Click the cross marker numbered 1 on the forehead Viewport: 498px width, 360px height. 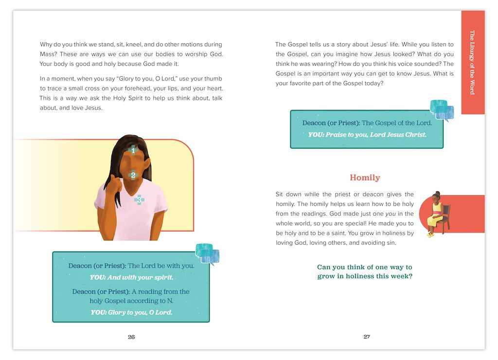[x=133, y=150]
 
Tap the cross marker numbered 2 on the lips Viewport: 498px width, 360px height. [x=133, y=174]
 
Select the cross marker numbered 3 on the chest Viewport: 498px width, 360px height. [x=139, y=199]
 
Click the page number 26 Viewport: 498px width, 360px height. [x=131, y=337]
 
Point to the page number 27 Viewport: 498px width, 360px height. [x=367, y=337]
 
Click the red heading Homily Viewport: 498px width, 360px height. [x=365, y=178]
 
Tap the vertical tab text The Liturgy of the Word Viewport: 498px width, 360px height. [x=472, y=62]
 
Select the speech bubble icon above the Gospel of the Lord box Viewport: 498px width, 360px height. [x=442, y=110]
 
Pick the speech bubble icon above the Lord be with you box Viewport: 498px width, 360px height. [x=207, y=253]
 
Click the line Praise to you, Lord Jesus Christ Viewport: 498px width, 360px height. [x=367, y=135]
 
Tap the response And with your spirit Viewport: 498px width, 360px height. [x=131, y=278]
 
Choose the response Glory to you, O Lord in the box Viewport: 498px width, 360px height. [x=131, y=312]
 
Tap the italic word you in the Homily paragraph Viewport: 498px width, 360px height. [x=391, y=214]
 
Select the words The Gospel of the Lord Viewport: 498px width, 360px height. [x=397, y=123]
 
